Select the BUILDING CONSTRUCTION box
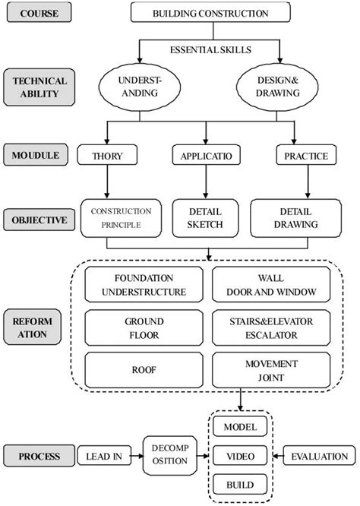(210, 13)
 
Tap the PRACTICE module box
(305, 157)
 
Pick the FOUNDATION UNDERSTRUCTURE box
(144, 285)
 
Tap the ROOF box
(144, 371)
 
